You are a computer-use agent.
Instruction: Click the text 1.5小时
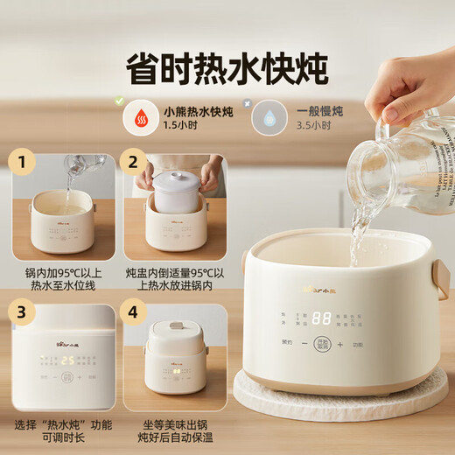point(178,126)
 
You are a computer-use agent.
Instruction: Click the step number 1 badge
point(23,163)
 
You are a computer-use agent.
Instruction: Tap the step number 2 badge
point(134,163)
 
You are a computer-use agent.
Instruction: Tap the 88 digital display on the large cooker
point(321,320)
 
